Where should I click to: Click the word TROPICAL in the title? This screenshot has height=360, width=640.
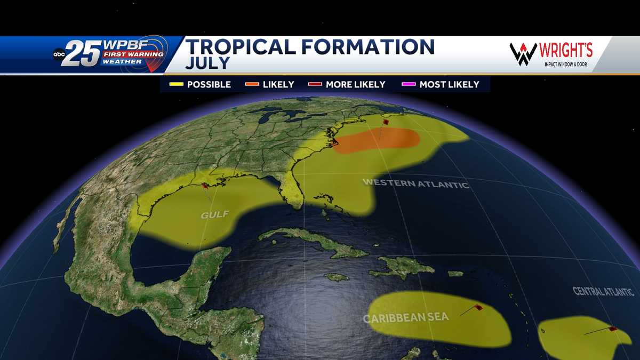click(241, 47)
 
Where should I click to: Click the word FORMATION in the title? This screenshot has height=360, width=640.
click(368, 47)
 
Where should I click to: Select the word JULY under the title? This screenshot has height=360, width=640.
click(207, 63)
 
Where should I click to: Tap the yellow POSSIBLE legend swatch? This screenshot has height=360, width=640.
click(176, 84)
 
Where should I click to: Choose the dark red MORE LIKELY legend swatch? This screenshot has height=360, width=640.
click(315, 84)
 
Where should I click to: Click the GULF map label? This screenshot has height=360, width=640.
click(214, 214)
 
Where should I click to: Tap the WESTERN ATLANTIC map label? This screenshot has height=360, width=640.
click(415, 183)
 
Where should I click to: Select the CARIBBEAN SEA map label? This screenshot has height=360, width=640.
click(406, 318)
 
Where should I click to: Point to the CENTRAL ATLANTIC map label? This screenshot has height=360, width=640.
click(603, 292)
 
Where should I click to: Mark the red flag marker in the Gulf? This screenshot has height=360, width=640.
click(205, 186)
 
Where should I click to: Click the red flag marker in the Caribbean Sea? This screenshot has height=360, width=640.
click(478, 307)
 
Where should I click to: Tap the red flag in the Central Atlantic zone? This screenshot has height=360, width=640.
click(613, 329)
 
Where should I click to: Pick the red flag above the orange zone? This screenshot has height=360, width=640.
click(385, 123)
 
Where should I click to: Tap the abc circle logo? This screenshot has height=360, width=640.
click(59, 54)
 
